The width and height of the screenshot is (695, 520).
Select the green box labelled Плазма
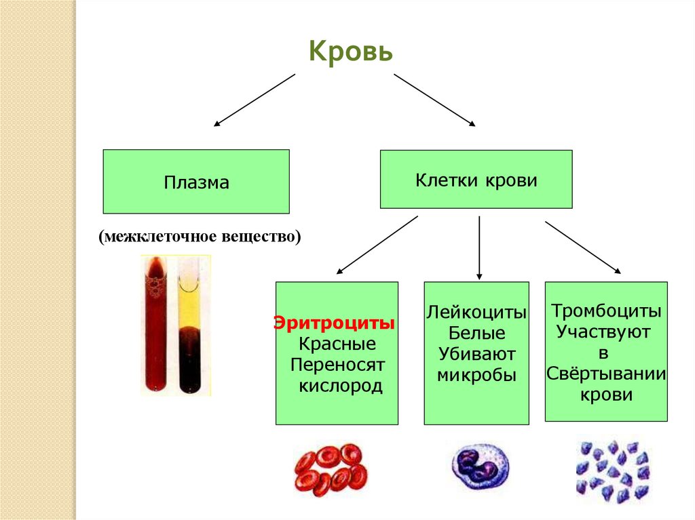point(196,182)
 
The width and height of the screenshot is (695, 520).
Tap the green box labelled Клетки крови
point(476,180)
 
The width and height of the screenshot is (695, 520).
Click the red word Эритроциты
point(335,322)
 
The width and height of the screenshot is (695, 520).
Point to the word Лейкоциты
point(476,313)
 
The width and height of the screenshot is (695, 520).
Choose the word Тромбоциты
point(606,311)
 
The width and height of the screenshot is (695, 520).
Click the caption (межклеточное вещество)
point(199,237)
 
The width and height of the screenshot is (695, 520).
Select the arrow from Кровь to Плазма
point(255,100)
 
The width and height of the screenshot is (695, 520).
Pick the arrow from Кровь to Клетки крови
point(434,100)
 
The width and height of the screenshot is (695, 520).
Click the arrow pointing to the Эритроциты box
point(377,245)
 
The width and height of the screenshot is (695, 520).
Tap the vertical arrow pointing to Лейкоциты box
point(479,247)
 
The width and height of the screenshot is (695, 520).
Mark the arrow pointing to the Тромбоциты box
point(582,247)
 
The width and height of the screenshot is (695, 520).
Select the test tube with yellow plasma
point(188,325)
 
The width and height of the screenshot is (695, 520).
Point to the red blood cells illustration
point(331,469)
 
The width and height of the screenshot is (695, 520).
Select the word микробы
point(476,376)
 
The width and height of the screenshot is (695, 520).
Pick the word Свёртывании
point(606,375)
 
